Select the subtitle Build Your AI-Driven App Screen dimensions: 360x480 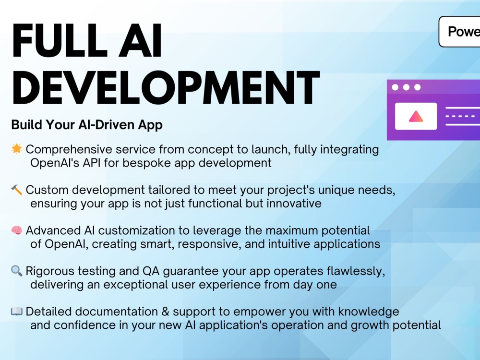click(x=87, y=125)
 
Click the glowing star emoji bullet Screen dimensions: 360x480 click(x=16, y=149)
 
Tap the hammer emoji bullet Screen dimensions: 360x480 click(x=16, y=190)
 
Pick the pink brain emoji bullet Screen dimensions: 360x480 click(x=16, y=231)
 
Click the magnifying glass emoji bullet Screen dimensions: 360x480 click(x=16, y=271)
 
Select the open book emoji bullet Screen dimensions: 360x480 click(x=16, y=312)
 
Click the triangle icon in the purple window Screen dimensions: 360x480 click(x=416, y=116)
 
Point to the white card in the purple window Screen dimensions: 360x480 click(x=416, y=116)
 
